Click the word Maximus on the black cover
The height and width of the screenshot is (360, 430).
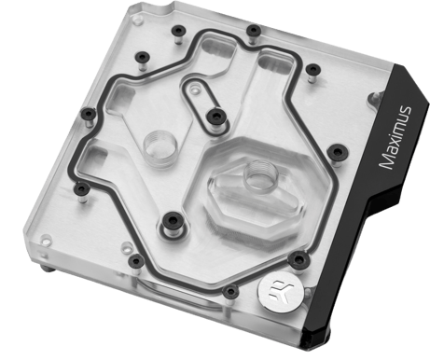tap(395, 137)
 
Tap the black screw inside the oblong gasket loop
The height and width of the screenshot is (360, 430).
tap(216, 117)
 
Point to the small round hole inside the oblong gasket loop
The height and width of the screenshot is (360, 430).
tap(194, 90)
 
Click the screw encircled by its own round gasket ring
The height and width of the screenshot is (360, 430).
tap(173, 221)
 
